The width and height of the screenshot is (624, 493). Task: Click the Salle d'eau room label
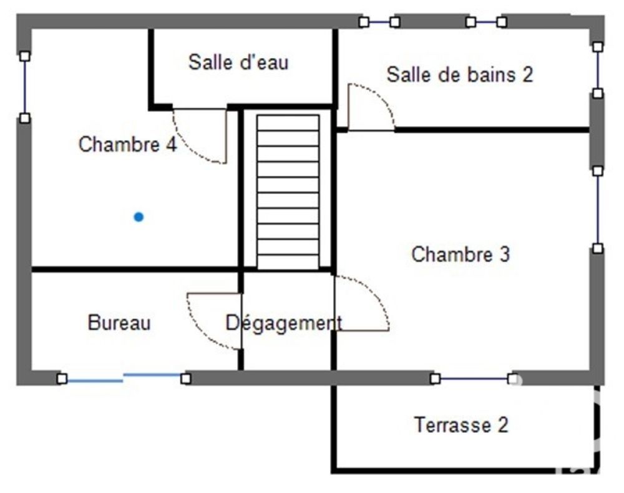(238, 62)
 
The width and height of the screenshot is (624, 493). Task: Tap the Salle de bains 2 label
(460, 75)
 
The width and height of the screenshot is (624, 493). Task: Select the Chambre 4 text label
(127, 145)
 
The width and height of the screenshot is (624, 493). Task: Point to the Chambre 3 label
(461, 254)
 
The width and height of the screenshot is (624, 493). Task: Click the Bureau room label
(119, 323)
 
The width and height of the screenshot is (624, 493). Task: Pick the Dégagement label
(284, 323)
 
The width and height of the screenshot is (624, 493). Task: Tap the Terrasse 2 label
(461, 426)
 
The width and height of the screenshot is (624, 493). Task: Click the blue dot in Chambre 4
(139, 217)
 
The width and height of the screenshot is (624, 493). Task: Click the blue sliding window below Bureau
(123, 377)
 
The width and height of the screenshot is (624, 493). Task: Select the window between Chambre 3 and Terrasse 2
(474, 378)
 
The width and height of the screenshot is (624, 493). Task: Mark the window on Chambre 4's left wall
(24, 87)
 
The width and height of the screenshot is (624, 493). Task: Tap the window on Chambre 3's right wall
(598, 209)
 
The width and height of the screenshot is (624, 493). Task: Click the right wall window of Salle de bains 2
(598, 70)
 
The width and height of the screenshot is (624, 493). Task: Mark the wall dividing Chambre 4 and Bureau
(134, 269)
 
